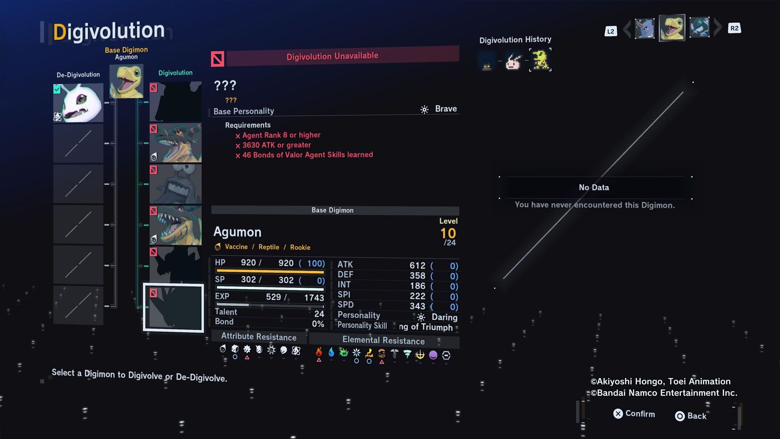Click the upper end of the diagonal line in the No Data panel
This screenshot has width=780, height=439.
point(683,92)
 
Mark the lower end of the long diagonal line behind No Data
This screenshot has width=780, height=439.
point(504,278)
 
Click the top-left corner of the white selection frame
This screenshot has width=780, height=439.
point(143,284)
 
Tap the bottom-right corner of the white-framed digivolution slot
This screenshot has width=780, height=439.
point(204,332)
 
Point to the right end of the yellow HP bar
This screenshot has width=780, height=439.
point(324,272)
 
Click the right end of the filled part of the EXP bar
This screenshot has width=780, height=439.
point(249,305)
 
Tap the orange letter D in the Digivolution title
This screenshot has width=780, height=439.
point(60,32)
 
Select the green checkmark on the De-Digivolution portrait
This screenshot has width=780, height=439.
point(57,89)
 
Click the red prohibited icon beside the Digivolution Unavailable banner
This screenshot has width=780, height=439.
point(217,59)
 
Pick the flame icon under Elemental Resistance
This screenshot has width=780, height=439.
point(319,352)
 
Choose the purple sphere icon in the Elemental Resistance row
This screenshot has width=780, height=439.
point(433,355)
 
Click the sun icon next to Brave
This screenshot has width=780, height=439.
point(425,109)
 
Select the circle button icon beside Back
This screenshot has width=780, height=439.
point(680,416)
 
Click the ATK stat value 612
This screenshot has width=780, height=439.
point(417,265)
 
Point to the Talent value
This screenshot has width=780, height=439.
point(319,314)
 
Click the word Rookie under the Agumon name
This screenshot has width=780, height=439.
point(300,247)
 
